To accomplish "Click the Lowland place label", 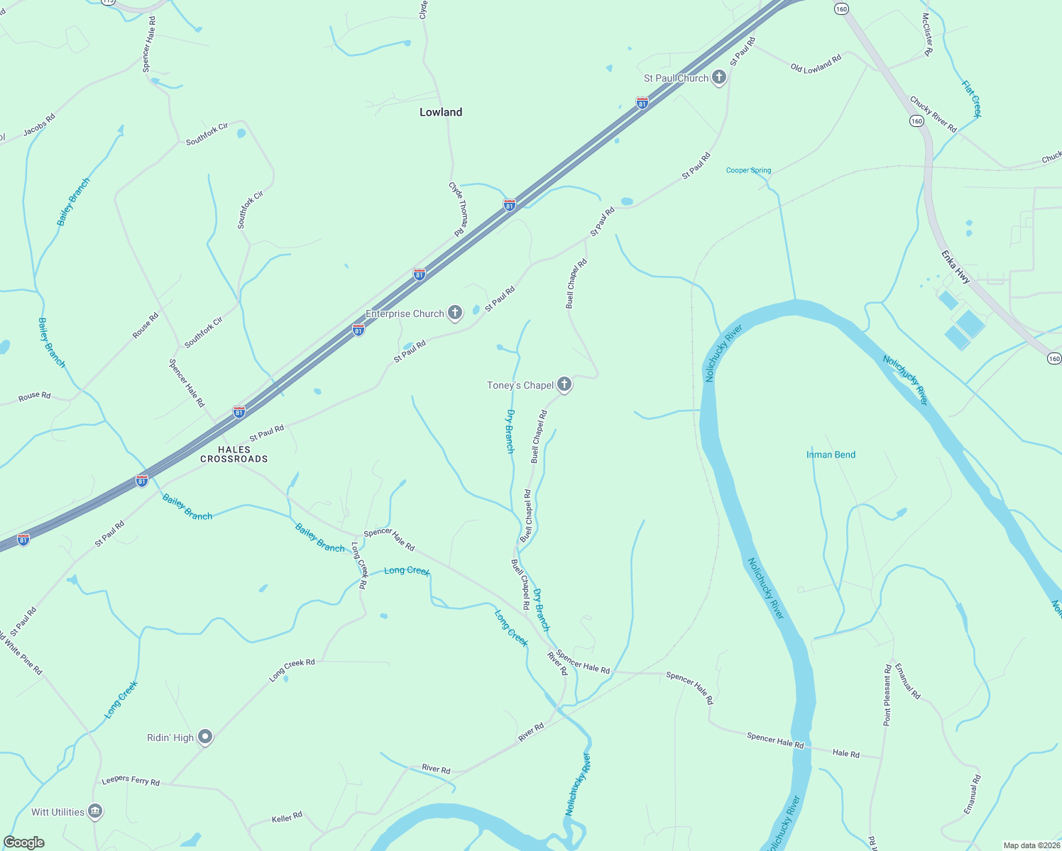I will click(x=440, y=112).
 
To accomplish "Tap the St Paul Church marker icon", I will click(x=718, y=77).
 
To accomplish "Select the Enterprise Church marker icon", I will click(x=455, y=313).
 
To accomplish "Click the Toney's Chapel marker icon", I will click(x=564, y=384).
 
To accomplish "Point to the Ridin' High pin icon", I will click(x=205, y=738).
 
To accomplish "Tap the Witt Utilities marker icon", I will click(x=95, y=811).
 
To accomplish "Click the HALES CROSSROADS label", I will click(x=234, y=454).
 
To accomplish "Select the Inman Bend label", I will click(x=831, y=455).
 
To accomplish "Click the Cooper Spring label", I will click(x=748, y=170).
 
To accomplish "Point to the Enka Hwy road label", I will click(x=956, y=267).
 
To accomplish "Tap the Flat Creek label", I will click(x=971, y=99).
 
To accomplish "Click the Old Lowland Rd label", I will click(x=816, y=64).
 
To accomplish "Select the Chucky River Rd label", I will click(x=933, y=114).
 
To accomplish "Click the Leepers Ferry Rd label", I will click(x=131, y=780).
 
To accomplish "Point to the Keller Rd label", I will click(x=287, y=818).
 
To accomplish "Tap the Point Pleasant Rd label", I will click(x=887, y=695).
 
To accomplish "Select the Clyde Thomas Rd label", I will click(x=458, y=208).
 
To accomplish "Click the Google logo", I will click(x=24, y=842).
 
